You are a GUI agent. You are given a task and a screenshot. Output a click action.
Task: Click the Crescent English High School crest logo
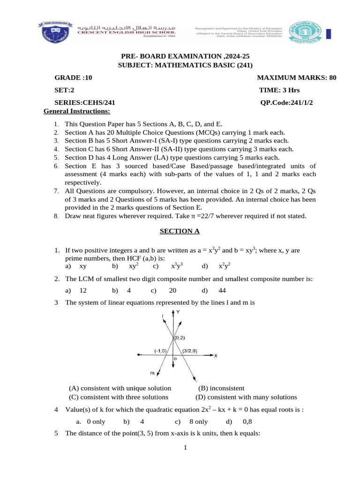click(x=52, y=32)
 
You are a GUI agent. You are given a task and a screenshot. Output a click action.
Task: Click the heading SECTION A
click(x=180, y=231)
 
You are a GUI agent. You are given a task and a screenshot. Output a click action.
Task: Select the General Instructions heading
click(x=76, y=111)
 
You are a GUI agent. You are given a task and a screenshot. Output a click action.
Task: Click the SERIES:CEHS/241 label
click(x=85, y=103)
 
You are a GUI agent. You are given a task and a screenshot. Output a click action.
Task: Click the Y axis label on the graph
click(x=178, y=312)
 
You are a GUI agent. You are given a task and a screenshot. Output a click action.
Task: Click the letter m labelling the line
click(x=152, y=373)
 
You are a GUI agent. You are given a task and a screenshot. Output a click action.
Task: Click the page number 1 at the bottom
click(x=185, y=448)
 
